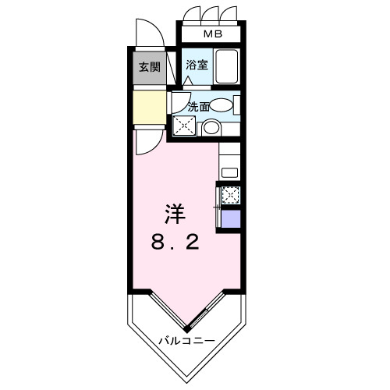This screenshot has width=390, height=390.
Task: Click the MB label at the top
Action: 211,34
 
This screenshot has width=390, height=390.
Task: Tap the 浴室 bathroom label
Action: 197,66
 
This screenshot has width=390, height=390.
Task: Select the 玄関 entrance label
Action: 150,67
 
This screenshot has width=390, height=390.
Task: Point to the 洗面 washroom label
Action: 199,106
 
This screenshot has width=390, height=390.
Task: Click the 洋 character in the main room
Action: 175,212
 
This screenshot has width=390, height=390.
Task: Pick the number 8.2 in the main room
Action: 175,243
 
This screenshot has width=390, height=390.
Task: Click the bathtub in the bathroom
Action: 227,68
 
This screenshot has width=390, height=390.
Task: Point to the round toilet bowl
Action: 211,129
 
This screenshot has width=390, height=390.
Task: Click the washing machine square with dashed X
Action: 185,126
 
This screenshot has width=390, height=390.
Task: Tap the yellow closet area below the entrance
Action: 148,108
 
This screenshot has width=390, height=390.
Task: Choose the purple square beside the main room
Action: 231,218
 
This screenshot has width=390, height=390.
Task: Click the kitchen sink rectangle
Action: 230,172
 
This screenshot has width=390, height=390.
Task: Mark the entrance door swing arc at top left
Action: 147,32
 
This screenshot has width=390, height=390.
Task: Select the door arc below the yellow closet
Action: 145,140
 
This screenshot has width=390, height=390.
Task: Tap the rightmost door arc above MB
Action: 229,16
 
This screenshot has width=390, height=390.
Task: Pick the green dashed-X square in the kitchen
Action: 230,195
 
